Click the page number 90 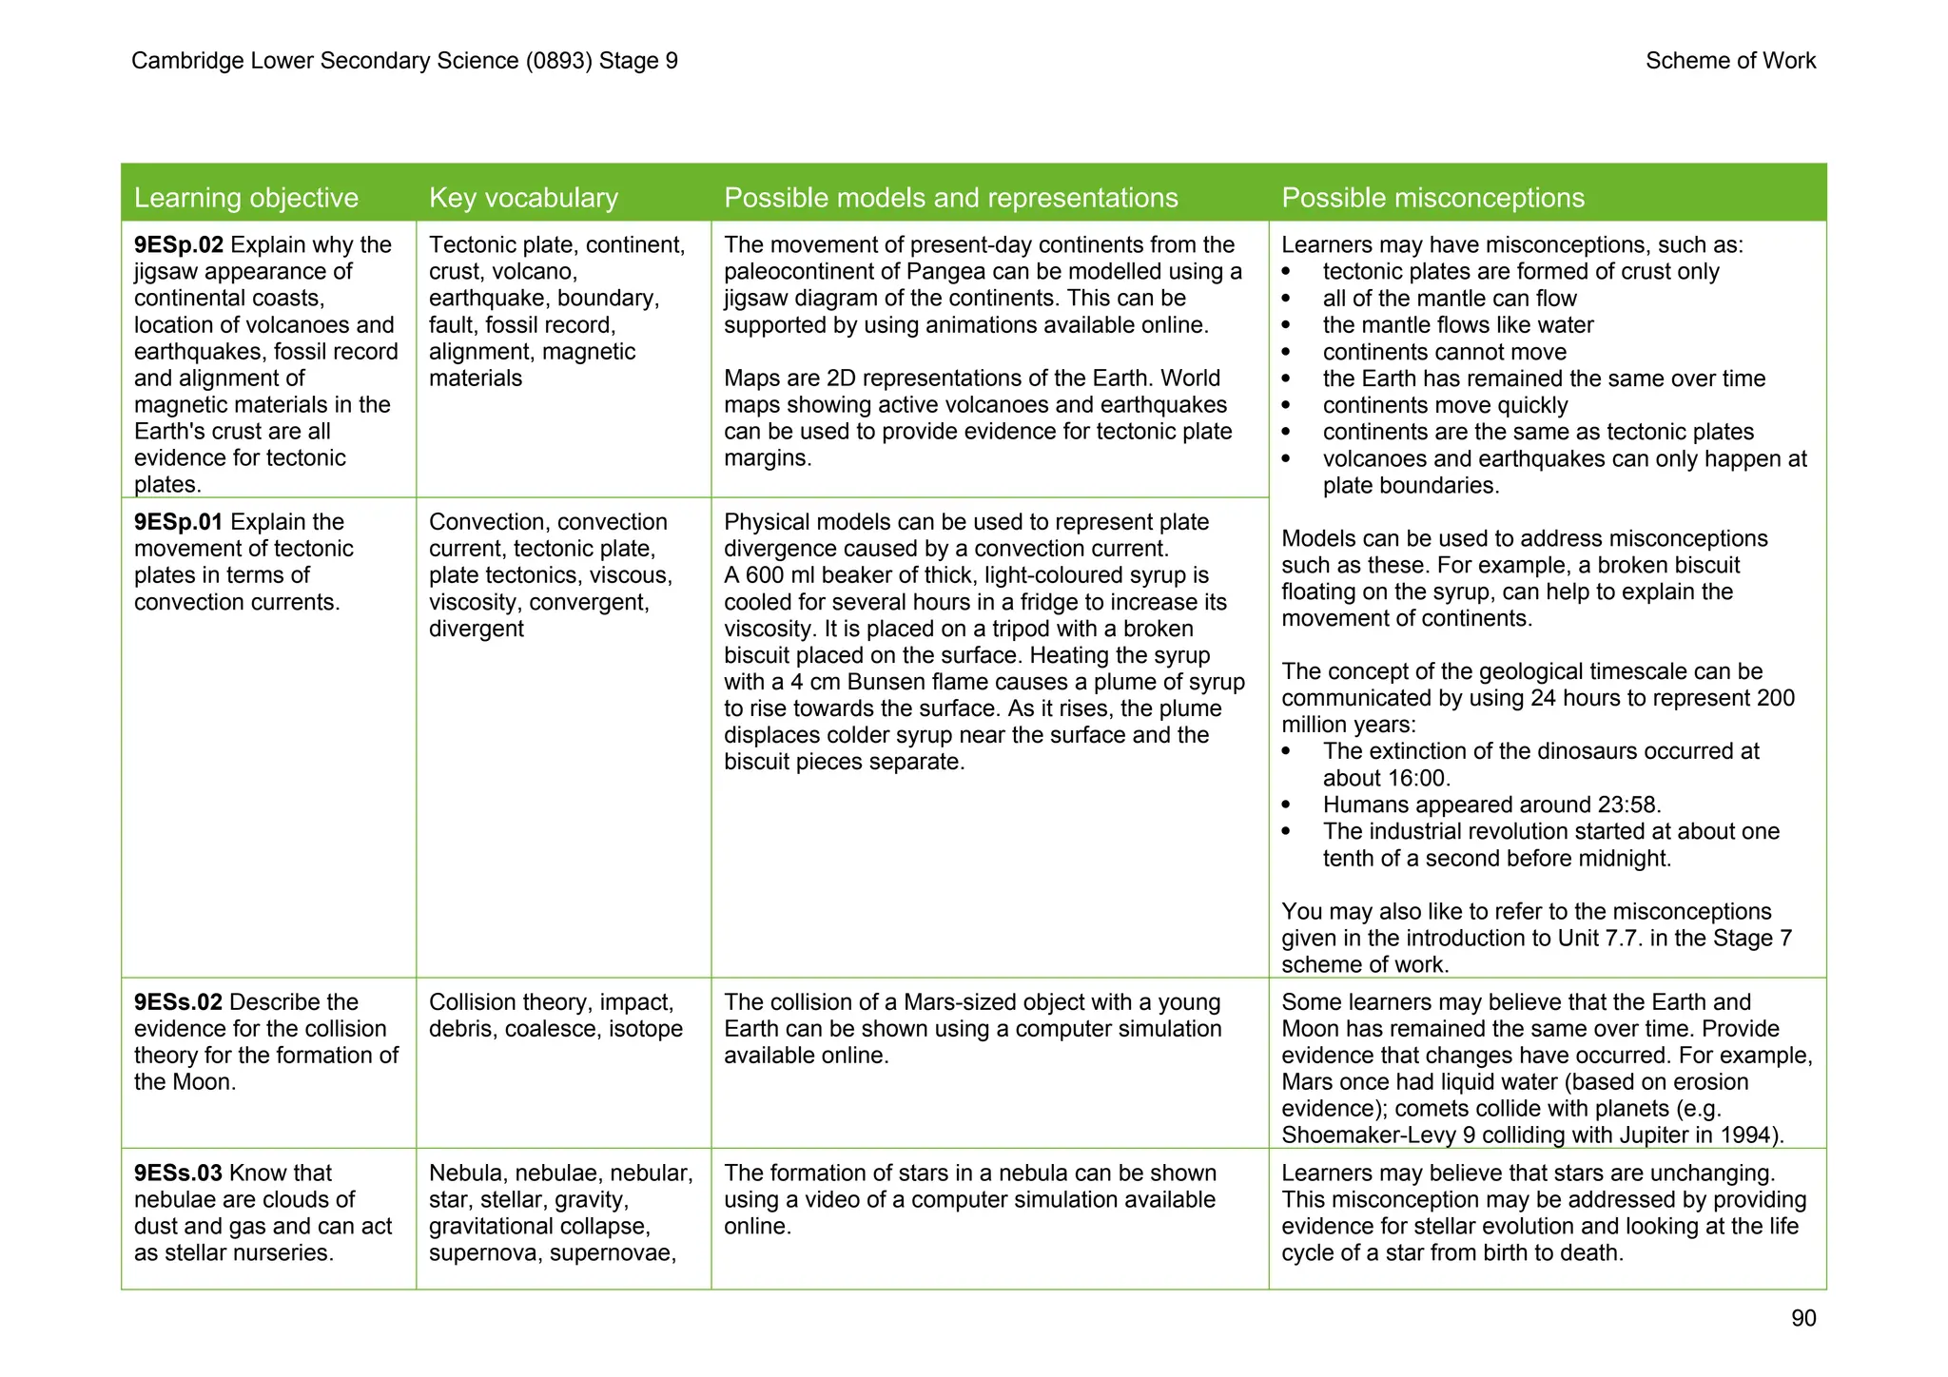[1802, 1318]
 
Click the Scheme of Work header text [1730, 61]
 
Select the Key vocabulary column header [523, 198]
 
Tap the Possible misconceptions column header [1432, 198]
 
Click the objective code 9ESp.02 [178, 245]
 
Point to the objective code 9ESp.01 [178, 522]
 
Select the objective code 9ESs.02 [178, 1002]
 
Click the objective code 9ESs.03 [178, 1173]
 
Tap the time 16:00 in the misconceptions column [1416, 779]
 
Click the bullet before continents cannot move [1287, 353]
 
